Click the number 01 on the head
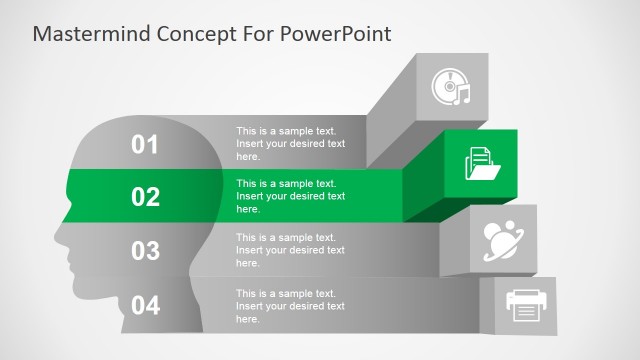coord(146,145)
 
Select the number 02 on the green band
coord(146,197)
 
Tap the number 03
coord(146,250)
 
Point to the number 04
coord(146,305)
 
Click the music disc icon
coord(451,88)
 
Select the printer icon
coord(526,306)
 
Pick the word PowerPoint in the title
coord(337,34)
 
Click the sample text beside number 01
coord(290,143)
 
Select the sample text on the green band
coord(290,196)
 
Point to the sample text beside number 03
coord(290,249)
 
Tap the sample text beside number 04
coord(290,305)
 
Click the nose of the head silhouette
coord(58,237)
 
